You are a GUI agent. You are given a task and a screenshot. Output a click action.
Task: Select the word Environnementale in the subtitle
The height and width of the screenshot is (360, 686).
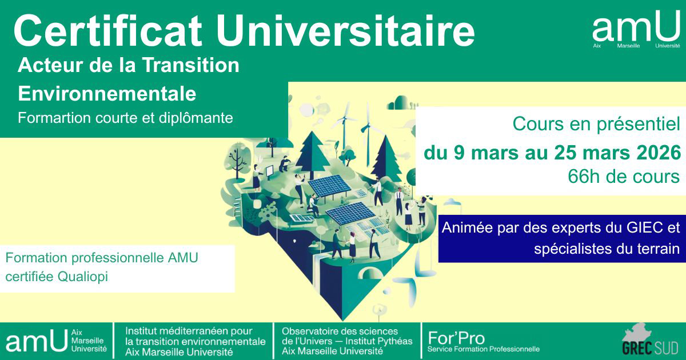tap(107, 93)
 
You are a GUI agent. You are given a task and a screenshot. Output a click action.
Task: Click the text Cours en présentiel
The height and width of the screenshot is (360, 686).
tap(596, 123)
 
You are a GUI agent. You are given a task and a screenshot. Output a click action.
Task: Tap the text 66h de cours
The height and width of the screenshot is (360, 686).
tap(624, 177)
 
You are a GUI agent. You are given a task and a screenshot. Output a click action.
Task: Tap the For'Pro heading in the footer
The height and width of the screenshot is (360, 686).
tap(456, 337)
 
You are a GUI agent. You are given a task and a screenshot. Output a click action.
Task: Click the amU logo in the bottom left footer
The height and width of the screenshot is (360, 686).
tap(37, 341)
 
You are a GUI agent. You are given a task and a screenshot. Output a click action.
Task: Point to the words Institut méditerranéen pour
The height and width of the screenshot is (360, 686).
tap(189, 331)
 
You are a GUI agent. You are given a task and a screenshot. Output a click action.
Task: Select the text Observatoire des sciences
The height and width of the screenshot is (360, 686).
tap(340, 331)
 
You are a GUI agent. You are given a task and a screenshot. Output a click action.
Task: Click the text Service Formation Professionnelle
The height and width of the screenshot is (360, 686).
tap(483, 349)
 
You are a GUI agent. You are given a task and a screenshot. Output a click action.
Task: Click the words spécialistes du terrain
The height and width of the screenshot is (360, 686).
tap(607, 249)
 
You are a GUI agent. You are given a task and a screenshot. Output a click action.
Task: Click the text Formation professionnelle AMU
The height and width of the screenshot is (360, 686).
tap(102, 258)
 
